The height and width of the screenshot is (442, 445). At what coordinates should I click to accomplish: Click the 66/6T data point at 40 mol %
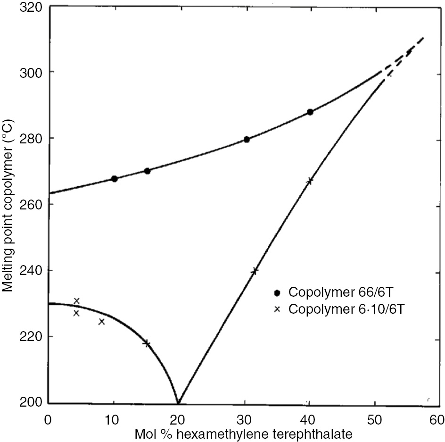pyautogui.click(x=310, y=112)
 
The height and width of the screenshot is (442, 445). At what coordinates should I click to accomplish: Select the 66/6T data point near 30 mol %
pyautogui.click(x=247, y=139)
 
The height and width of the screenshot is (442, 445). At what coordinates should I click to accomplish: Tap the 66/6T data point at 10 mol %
pyautogui.click(x=114, y=178)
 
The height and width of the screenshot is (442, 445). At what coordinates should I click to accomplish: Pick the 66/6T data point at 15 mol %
pyautogui.click(x=147, y=171)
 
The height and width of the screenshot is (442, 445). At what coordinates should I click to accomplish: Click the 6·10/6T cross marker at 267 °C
pyautogui.click(x=310, y=181)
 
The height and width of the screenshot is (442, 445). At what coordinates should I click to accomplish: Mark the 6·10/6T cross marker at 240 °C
pyautogui.click(x=255, y=271)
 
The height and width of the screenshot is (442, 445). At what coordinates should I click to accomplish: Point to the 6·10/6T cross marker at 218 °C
pyautogui.click(x=147, y=343)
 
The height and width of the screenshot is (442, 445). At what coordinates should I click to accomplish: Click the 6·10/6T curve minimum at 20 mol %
pyautogui.click(x=178, y=402)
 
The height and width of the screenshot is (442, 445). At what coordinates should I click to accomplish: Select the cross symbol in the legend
pyautogui.click(x=278, y=309)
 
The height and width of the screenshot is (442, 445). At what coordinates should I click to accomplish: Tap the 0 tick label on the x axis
pyautogui.click(x=48, y=419)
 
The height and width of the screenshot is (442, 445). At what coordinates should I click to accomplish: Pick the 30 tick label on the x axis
pyautogui.click(x=243, y=419)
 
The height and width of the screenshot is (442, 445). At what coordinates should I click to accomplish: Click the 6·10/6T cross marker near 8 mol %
pyautogui.click(x=101, y=322)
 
